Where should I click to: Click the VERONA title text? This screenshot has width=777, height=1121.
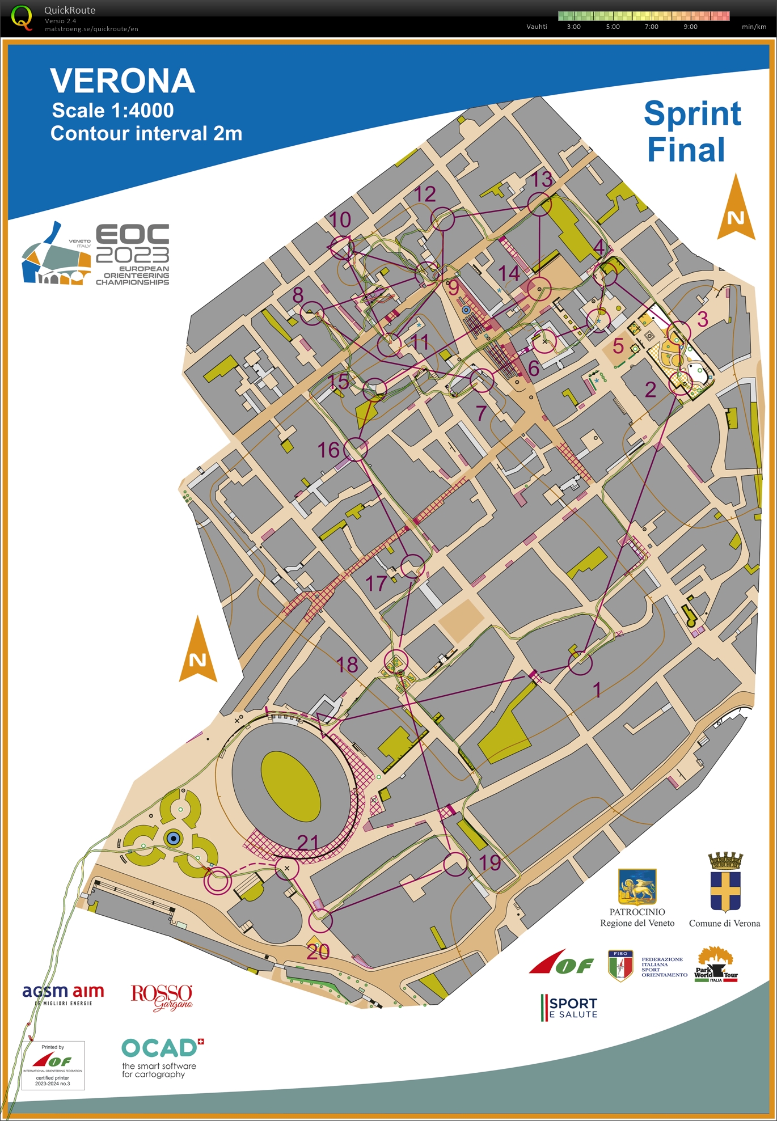click(123, 81)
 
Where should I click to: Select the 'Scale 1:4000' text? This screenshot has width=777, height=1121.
click(113, 111)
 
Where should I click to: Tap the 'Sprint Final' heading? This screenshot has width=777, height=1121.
click(691, 131)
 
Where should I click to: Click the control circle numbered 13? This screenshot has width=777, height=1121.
click(539, 204)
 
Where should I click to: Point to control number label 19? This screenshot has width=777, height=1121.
click(490, 863)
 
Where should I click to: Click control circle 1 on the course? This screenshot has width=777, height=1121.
click(580, 663)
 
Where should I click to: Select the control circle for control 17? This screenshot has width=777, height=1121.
click(412, 566)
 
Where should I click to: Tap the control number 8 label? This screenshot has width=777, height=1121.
click(298, 295)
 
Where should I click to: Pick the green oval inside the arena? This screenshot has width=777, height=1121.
click(290, 786)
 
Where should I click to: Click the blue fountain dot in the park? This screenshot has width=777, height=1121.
click(174, 838)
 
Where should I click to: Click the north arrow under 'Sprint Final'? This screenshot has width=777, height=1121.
click(736, 208)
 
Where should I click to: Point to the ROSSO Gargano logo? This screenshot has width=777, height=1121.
click(162, 997)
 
